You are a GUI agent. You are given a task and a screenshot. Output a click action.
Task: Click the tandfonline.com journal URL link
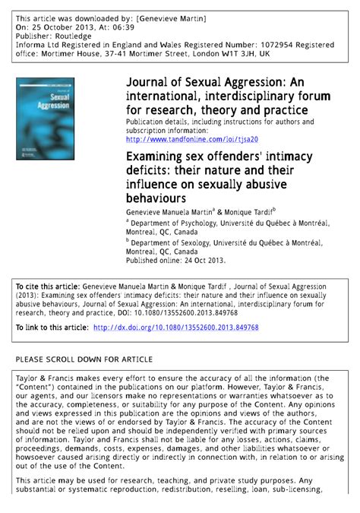pos(192,139)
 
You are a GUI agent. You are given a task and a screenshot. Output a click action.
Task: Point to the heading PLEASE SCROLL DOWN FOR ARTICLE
pos(84,359)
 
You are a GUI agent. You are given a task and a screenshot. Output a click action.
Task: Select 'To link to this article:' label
pos(52,328)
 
